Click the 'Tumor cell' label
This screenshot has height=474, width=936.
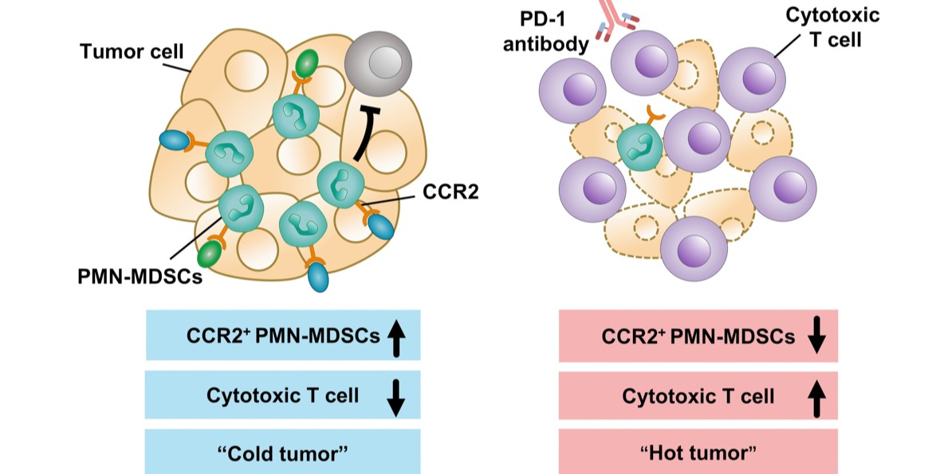[132, 53]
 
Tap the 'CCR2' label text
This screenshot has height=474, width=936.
[450, 191]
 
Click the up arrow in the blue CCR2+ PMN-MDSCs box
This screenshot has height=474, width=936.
[396, 338]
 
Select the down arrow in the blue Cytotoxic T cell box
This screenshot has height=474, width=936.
[396, 396]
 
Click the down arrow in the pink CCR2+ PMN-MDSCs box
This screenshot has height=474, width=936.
[815, 338]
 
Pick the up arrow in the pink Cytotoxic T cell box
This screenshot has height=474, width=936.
[815, 396]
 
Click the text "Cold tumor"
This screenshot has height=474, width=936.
[283, 453]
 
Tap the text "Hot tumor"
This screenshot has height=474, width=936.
[698, 453]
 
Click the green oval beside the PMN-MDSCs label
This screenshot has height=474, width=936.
[209, 255]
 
